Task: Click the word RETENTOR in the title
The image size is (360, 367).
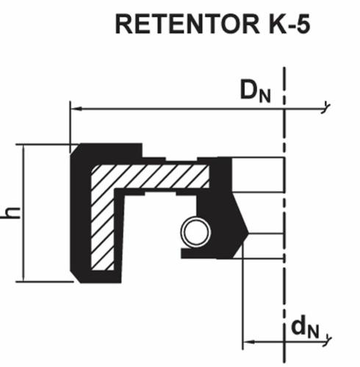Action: tap(187, 24)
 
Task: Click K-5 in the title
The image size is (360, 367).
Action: tap(289, 24)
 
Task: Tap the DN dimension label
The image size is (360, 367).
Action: tap(256, 91)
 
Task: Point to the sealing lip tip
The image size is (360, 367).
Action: tap(247, 233)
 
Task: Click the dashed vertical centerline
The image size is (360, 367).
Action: tap(284, 214)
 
